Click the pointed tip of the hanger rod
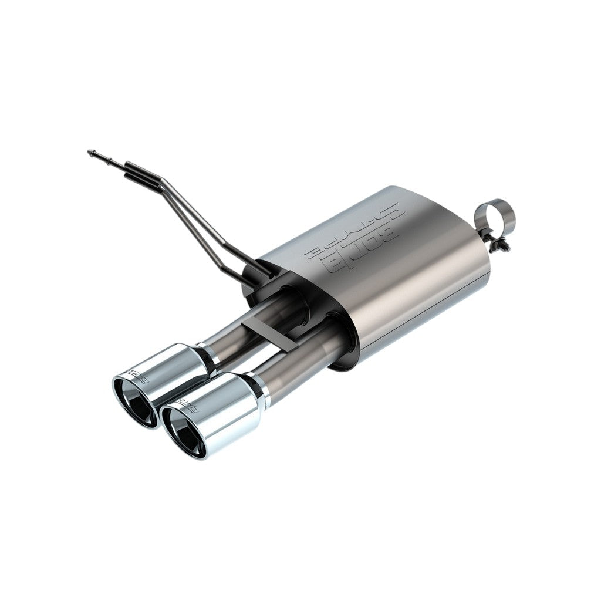coord(89,151)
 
